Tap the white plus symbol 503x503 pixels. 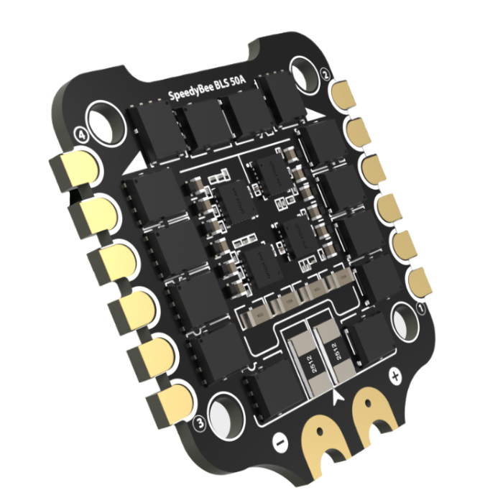coord(393,375)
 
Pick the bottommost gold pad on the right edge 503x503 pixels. coord(417,280)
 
